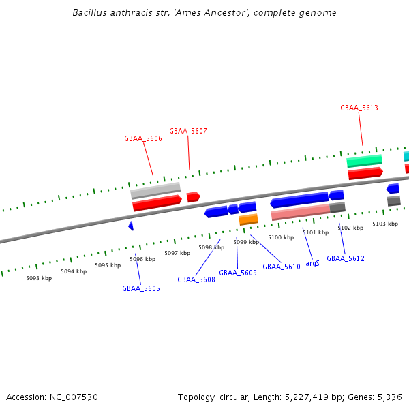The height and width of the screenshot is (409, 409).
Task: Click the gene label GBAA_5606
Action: (x=143, y=138)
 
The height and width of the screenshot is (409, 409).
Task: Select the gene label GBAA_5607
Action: (x=188, y=131)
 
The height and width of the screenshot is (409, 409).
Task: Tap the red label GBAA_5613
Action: (x=359, y=108)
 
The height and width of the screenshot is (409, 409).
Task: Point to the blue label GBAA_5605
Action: (x=141, y=288)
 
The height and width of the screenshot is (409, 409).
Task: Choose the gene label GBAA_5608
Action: (x=196, y=279)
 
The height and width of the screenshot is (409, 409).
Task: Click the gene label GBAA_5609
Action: (x=238, y=273)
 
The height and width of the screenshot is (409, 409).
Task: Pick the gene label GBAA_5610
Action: (x=282, y=267)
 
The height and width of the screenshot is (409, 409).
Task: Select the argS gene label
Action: (x=312, y=263)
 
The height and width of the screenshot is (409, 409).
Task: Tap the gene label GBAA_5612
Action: (x=346, y=258)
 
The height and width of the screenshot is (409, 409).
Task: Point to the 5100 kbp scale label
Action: (x=281, y=237)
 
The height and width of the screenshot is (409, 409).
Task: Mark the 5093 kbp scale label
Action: (x=39, y=278)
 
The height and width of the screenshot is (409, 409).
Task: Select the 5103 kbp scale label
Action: (x=384, y=224)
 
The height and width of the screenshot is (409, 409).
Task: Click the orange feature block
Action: (x=248, y=219)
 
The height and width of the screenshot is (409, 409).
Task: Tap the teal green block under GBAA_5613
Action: (x=364, y=161)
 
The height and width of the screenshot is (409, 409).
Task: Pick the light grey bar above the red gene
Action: (x=155, y=190)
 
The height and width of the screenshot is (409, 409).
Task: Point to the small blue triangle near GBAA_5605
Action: (x=131, y=226)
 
